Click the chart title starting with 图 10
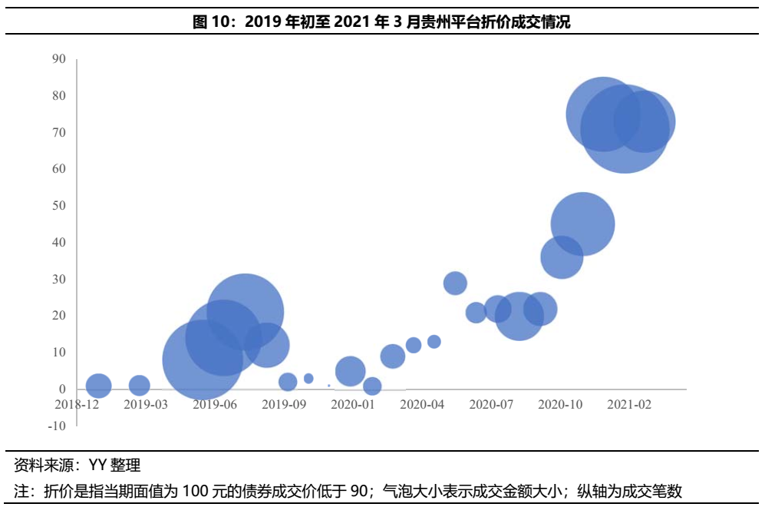click(x=381, y=22)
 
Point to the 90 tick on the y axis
click(x=59, y=59)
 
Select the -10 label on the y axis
click(x=56, y=426)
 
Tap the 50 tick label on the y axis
click(x=59, y=206)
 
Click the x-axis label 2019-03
click(x=145, y=404)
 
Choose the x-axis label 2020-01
click(x=353, y=404)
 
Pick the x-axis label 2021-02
click(x=629, y=404)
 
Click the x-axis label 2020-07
click(x=491, y=404)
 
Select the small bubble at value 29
click(x=455, y=283)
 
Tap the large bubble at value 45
click(x=582, y=224)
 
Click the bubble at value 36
click(x=562, y=257)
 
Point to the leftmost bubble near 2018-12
click(x=98, y=386)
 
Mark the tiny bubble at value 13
click(x=434, y=341)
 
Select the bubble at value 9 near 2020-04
click(x=392, y=356)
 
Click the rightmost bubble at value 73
click(x=645, y=121)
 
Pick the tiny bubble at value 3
click(x=308, y=378)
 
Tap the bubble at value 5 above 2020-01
click(x=350, y=371)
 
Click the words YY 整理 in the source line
click(x=114, y=465)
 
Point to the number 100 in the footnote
click(x=193, y=491)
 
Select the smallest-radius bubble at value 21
click(x=476, y=312)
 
